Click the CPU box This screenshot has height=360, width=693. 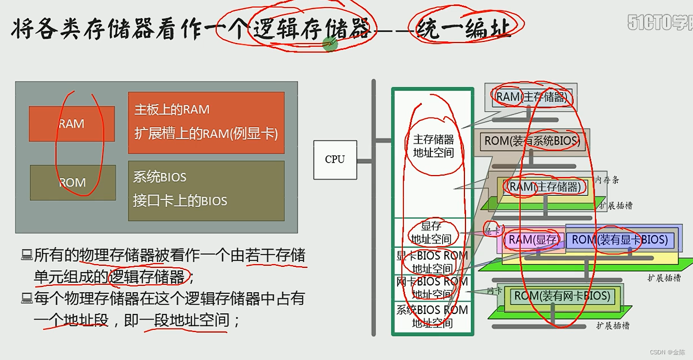335,160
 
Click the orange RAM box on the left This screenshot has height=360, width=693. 72,124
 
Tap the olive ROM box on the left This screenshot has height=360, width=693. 73,183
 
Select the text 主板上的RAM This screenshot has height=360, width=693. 172,110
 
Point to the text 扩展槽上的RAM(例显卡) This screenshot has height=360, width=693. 206,134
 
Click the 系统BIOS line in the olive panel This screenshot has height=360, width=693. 160,177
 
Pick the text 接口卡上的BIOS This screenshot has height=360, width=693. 180,201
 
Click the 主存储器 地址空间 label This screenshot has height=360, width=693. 433,146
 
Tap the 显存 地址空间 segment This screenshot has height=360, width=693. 431,233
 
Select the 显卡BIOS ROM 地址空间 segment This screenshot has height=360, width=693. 432,262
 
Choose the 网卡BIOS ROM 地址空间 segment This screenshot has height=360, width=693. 432,288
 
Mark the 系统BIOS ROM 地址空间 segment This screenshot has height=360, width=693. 432,316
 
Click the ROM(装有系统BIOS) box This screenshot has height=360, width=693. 532,140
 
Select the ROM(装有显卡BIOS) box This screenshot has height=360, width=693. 619,240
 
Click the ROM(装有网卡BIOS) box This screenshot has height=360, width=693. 561,296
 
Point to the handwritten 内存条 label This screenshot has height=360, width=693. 607,180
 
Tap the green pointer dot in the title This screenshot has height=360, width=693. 330,44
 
